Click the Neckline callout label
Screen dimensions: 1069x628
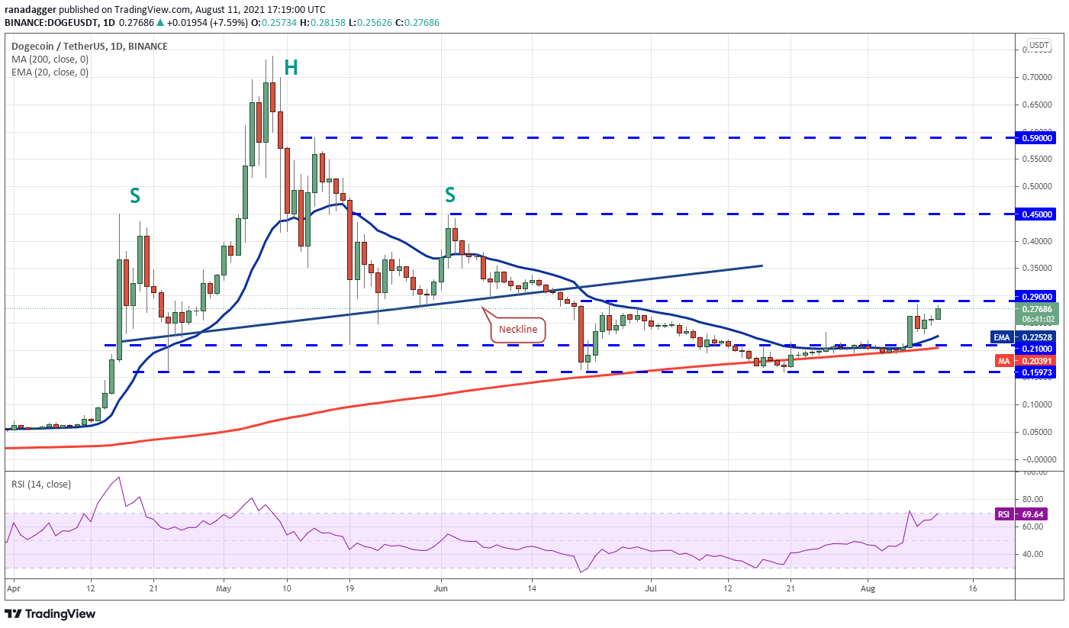518,330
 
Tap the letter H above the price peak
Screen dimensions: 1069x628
291,68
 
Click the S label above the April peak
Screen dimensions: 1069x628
135,195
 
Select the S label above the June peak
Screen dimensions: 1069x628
449,195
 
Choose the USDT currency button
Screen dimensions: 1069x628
1039,45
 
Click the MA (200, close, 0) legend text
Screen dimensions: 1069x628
50,60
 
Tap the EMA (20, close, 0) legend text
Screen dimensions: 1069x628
50,72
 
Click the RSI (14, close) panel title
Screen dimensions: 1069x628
41,485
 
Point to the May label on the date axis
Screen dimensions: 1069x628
224,588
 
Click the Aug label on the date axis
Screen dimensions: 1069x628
868,588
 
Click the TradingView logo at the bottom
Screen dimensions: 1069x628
50,614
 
